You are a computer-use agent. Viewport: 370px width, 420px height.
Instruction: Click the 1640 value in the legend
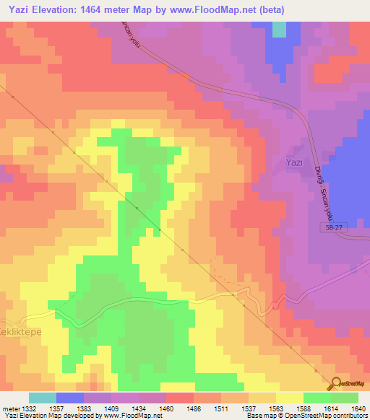pyautogui.click(x=358, y=408)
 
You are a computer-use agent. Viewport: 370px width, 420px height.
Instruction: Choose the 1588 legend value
pyautogui.click(x=303, y=408)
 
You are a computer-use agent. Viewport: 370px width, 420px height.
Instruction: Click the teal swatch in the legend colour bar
pyautogui.click(x=43, y=398)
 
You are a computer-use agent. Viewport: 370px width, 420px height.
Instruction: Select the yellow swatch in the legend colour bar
pyautogui.click(x=289, y=398)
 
